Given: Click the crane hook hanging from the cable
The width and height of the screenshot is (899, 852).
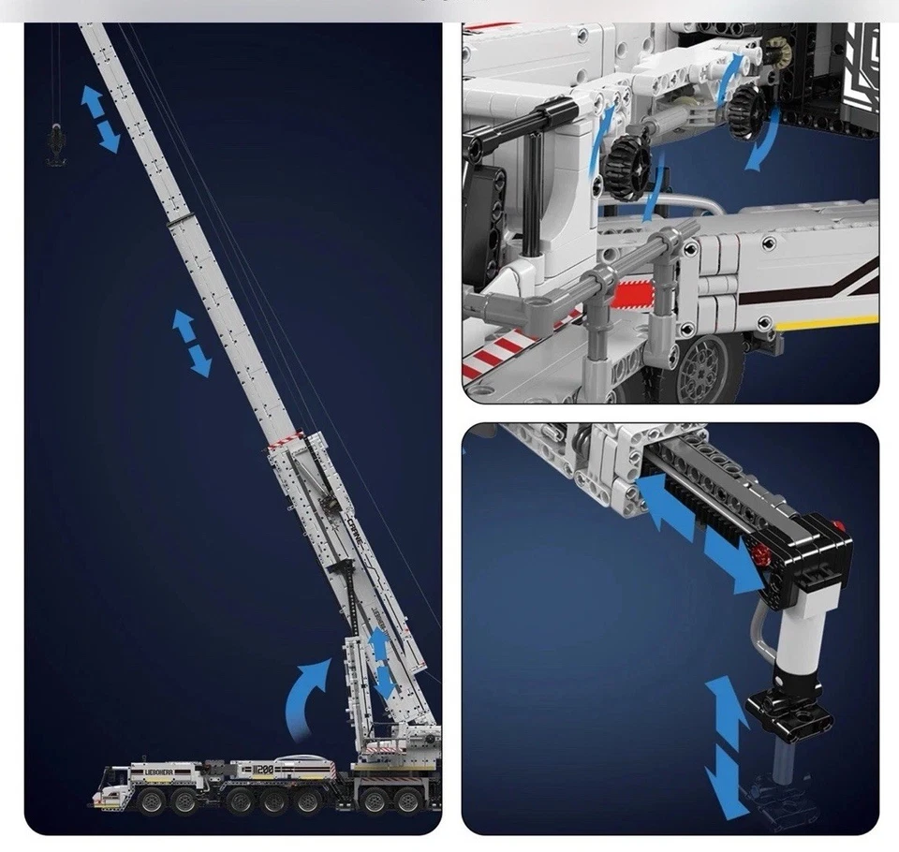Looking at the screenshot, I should (56, 146).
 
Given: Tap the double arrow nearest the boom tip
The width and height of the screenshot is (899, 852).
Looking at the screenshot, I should (100, 119).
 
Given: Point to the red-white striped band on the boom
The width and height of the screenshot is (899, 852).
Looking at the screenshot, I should (287, 441).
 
